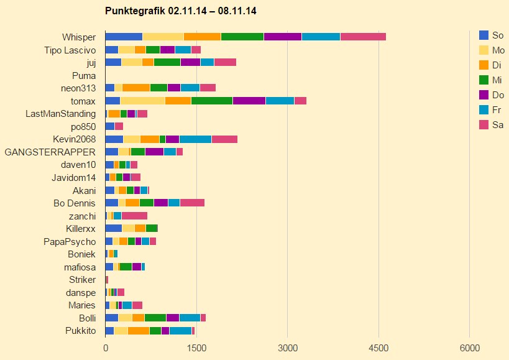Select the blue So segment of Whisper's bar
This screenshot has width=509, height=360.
click(124, 37)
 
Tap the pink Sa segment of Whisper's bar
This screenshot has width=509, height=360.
click(363, 37)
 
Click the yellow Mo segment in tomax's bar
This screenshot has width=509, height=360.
click(142, 101)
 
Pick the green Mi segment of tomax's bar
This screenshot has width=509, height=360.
click(211, 101)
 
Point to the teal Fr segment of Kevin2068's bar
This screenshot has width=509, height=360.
click(195, 139)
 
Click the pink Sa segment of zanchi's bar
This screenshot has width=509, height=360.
click(134, 216)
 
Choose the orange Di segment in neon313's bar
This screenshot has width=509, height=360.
click(136, 88)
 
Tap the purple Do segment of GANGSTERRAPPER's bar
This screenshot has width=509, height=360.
click(154, 152)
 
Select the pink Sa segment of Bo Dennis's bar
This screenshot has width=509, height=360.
click(192, 203)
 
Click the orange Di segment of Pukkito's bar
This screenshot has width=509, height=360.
click(139, 331)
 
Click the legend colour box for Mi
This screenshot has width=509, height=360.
click(484, 80)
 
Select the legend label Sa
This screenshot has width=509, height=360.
click(497, 125)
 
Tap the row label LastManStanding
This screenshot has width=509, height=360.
click(61, 114)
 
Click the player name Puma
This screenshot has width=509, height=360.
click(84, 75)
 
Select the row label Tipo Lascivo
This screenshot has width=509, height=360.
click(70, 50)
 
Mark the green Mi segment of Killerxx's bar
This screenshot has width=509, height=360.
click(152, 228)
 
